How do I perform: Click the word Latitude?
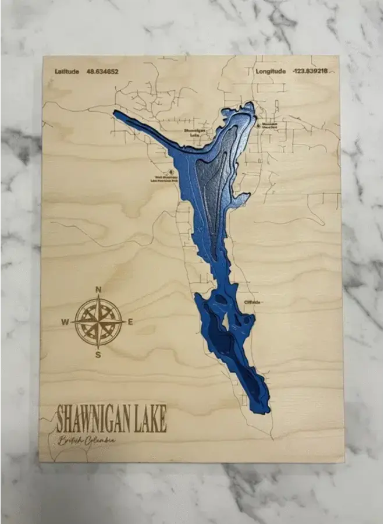[67, 72]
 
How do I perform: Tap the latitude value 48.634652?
[102, 72]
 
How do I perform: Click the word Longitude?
[271, 72]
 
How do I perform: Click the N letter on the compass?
[98, 289]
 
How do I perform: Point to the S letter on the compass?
[98, 355]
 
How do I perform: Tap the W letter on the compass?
[65, 322]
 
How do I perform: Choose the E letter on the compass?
[130, 322]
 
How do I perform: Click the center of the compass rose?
[98, 322]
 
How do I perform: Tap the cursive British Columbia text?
[86, 440]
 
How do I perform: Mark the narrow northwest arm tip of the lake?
[116, 114]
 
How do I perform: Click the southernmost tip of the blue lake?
[266, 410]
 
